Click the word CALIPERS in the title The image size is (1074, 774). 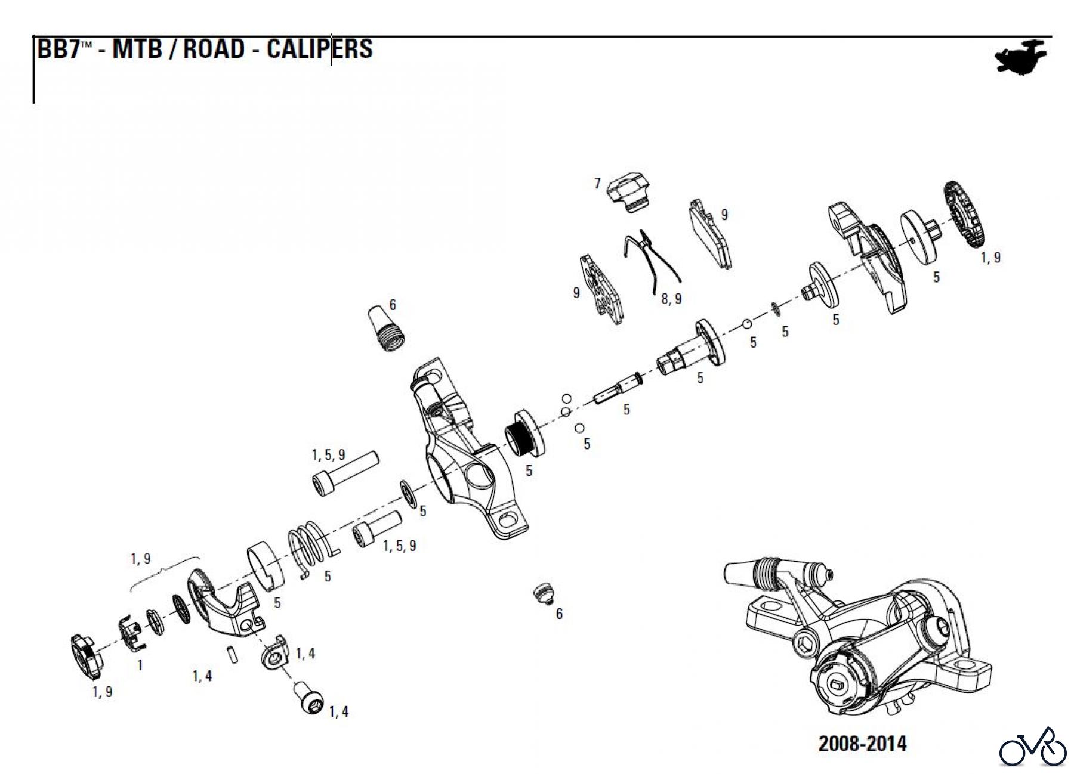click(319, 49)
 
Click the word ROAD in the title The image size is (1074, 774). click(213, 49)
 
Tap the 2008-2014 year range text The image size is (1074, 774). click(862, 744)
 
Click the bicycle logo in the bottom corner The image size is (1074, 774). click(1033, 748)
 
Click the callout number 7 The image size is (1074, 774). click(597, 183)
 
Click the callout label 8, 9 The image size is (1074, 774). click(671, 299)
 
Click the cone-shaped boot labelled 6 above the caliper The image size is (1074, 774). click(387, 330)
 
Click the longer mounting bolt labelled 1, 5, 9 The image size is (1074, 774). click(345, 472)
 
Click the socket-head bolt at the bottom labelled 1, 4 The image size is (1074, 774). click(308, 697)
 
